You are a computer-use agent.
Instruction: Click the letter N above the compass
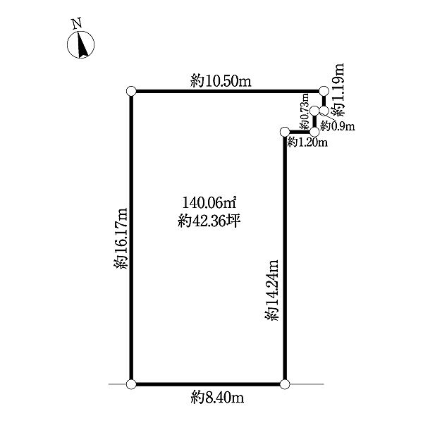pyautogui.click(x=77, y=23)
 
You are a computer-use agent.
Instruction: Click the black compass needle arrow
pyautogui.click(x=82, y=44)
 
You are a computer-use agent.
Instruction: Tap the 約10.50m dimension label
pyautogui.click(x=221, y=81)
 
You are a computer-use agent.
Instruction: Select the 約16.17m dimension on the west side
pyautogui.click(x=121, y=238)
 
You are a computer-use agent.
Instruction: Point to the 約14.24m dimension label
pyautogui.click(x=271, y=290)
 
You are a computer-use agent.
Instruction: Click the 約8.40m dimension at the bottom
pyautogui.click(x=217, y=398)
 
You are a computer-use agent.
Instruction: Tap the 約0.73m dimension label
pyautogui.click(x=304, y=111)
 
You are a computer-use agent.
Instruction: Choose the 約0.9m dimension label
pyautogui.click(x=338, y=125)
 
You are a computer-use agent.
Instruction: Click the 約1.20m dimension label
pyautogui.click(x=307, y=142)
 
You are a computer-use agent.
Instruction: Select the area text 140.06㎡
pyautogui.click(x=209, y=203)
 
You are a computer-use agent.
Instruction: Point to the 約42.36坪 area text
pyautogui.click(x=209, y=222)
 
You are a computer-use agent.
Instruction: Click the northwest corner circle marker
pyautogui.click(x=131, y=91)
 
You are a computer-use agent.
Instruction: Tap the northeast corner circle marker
pyautogui.click(x=324, y=91)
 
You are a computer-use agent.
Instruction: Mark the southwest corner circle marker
pyautogui.click(x=131, y=384)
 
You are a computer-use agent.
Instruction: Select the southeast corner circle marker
pyautogui.click(x=285, y=384)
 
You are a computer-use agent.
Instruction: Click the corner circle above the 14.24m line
pyautogui.click(x=285, y=133)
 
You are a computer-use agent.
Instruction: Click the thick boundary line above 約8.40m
pyautogui.click(x=208, y=384)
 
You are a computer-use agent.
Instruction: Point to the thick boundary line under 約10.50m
pyautogui.click(x=228, y=91)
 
